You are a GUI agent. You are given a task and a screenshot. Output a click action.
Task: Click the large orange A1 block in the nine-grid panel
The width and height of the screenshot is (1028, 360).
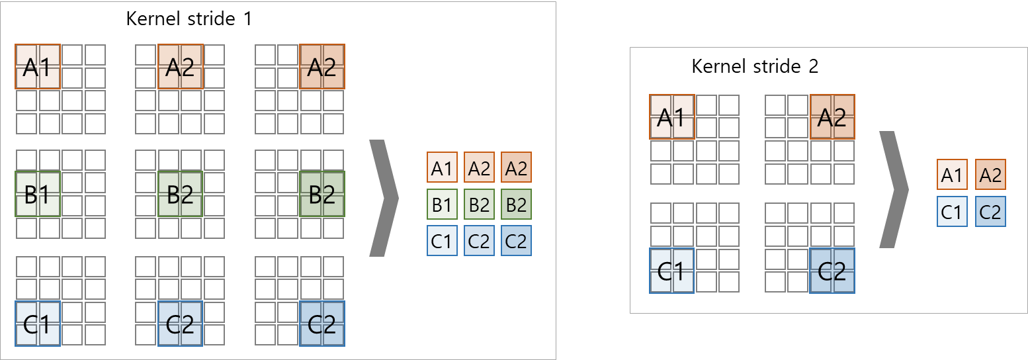(38, 66)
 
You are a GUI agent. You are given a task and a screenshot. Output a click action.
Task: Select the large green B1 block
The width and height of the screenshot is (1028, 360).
(38, 195)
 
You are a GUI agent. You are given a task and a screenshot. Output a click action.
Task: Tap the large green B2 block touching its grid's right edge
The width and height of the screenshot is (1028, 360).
(322, 195)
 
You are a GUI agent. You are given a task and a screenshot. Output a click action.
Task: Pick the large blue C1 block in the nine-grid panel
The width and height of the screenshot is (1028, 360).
(38, 324)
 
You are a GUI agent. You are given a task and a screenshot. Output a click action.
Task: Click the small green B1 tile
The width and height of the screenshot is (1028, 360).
(442, 204)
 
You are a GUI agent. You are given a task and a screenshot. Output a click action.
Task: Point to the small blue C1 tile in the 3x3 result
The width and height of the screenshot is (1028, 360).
(442, 242)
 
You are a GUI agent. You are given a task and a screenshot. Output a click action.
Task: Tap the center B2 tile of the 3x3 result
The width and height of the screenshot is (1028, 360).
(479, 204)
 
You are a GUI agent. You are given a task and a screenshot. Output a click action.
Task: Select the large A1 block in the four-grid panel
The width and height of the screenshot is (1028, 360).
(672, 117)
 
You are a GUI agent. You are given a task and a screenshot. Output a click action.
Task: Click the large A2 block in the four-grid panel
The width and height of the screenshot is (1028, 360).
(832, 117)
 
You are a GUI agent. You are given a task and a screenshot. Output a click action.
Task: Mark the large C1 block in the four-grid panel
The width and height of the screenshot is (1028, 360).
(672, 271)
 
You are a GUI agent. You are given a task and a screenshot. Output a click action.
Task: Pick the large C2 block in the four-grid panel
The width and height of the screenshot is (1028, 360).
(832, 271)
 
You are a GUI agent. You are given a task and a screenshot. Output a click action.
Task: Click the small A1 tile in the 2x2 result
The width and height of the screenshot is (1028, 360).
(952, 175)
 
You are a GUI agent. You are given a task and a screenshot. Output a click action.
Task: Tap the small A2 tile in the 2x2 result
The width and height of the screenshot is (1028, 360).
(990, 175)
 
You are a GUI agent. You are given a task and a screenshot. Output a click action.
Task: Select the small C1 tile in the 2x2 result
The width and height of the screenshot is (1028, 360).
(952, 212)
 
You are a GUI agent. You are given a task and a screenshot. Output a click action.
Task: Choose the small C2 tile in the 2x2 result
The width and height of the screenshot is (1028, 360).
(990, 212)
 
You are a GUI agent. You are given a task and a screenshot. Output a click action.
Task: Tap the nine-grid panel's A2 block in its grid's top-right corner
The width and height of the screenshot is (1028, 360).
(322, 66)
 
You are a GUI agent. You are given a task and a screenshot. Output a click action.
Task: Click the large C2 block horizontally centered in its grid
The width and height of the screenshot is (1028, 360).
(180, 324)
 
